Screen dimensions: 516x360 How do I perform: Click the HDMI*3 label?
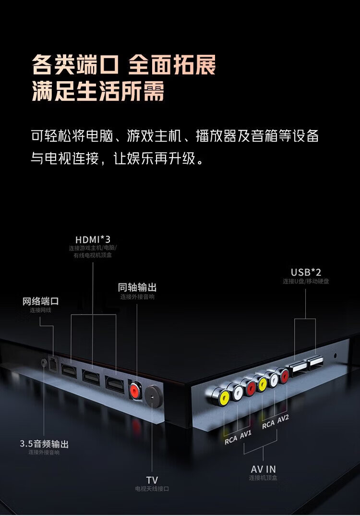(93, 239)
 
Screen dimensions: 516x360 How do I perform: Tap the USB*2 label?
(306, 272)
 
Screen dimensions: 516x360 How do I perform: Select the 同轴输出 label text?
(137, 287)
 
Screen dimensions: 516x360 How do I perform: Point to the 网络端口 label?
(41, 302)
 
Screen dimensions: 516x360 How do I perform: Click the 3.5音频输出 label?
(44, 444)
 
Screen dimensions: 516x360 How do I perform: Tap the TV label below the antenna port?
(152, 479)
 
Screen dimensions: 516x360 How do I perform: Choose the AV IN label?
(264, 469)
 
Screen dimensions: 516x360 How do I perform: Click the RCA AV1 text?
(239, 437)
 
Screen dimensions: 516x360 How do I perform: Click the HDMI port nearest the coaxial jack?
(115, 384)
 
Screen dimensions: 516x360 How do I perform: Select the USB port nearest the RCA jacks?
(297, 369)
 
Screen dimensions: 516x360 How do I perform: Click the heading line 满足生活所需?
(98, 91)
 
